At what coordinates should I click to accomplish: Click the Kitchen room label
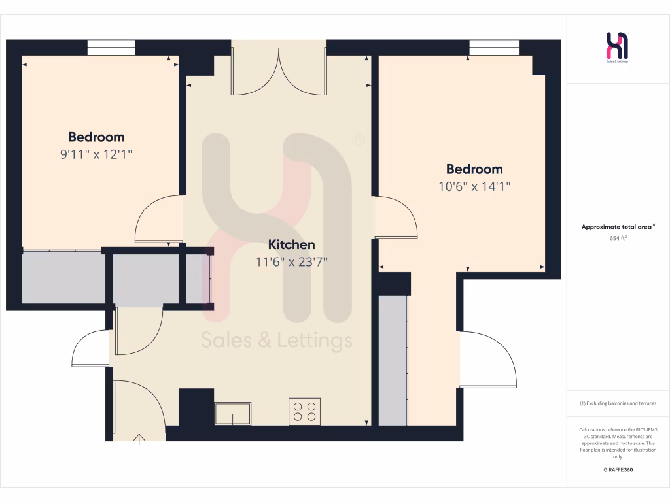[x=292, y=245]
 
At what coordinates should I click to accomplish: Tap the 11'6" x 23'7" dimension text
[x=292, y=262]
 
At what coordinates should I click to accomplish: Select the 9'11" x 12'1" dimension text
[x=96, y=154]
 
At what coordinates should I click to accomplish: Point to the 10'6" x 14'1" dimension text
[x=474, y=186]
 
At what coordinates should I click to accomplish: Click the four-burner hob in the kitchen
[x=304, y=411]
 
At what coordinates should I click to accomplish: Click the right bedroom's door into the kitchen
[x=397, y=217]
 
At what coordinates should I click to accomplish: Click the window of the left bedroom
[x=111, y=48]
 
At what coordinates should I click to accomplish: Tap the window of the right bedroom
[x=494, y=48]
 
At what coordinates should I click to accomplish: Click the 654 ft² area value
[x=618, y=239]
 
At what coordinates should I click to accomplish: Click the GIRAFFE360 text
[x=618, y=470]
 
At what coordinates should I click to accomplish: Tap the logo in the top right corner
[x=618, y=48]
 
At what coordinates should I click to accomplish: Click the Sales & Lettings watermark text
[x=276, y=341]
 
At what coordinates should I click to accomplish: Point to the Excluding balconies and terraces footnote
[x=618, y=403]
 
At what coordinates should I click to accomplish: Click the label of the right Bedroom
[x=474, y=169]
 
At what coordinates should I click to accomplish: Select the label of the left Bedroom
[x=96, y=137]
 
